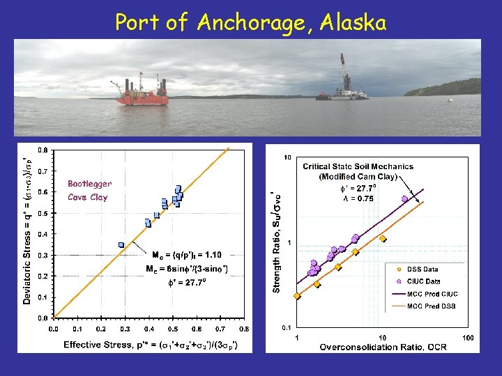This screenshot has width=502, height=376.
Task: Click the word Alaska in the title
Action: [353, 22]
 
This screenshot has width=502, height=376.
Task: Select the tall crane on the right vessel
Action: [343, 73]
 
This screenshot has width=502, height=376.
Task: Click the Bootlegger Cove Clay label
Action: [89, 190]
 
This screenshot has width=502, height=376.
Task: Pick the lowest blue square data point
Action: [121, 244]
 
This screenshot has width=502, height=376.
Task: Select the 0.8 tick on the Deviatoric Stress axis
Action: [43, 150]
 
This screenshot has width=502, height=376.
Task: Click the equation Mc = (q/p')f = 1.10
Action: [186, 255]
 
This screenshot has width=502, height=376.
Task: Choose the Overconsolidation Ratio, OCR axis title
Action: [383, 347]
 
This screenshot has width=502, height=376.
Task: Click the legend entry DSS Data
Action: [423, 269]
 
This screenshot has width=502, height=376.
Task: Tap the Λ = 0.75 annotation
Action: [357, 198]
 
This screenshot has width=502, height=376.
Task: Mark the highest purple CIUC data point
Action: [404, 198]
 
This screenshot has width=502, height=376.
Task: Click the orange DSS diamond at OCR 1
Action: [297, 295]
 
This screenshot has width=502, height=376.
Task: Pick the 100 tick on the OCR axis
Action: [467, 338]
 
